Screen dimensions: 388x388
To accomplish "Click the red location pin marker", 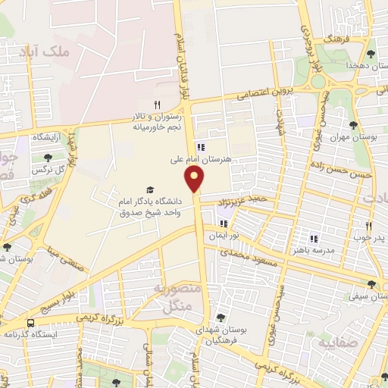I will [x=196, y=179].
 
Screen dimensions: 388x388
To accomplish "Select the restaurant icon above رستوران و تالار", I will [x=158, y=105].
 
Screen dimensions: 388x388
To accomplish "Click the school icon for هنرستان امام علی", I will [x=200, y=147].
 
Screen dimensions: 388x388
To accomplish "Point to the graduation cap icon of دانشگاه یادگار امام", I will [x=149, y=189].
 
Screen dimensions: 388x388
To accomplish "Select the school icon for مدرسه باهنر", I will [x=314, y=239].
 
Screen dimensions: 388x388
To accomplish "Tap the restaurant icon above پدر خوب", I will [x=369, y=226].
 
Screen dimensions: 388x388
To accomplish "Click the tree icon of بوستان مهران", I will [x=353, y=125].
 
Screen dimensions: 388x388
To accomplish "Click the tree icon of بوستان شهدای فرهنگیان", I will [x=221, y=318].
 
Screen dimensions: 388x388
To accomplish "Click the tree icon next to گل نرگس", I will [x=48, y=158].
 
